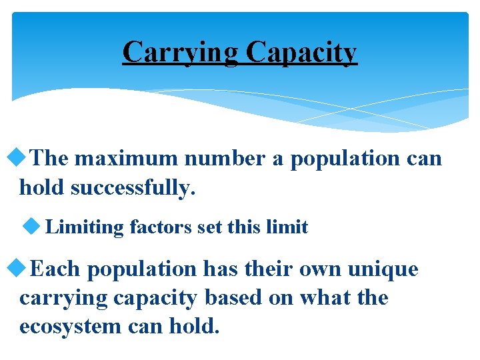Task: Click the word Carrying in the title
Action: [181, 52]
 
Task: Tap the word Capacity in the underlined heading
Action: [301, 52]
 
